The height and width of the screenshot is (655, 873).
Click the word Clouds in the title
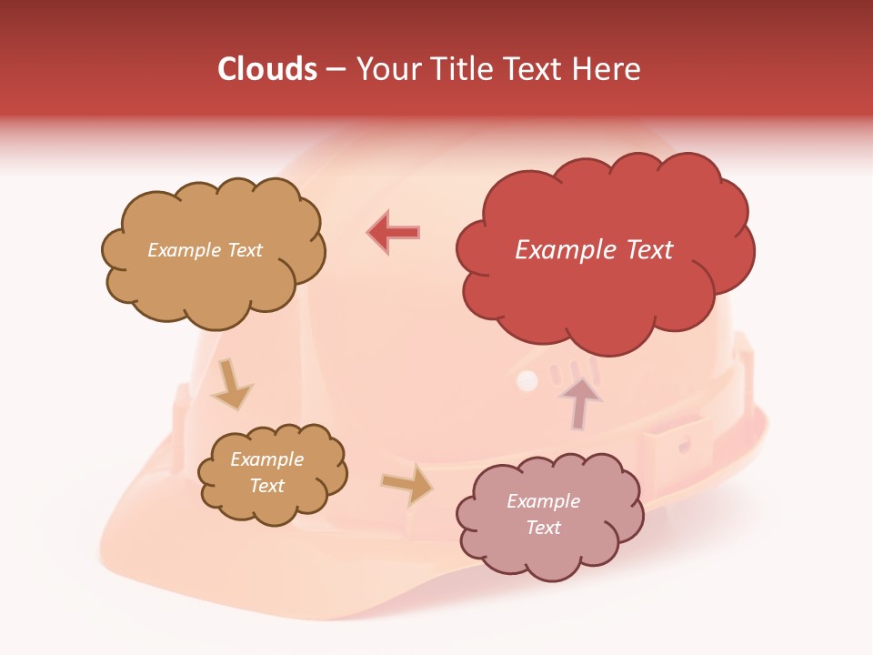(267, 69)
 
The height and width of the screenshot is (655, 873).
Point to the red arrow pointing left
(394, 233)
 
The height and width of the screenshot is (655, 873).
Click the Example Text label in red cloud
(594, 250)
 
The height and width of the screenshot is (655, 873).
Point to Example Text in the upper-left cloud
(205, 250)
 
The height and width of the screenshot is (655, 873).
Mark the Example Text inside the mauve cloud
(543, 514)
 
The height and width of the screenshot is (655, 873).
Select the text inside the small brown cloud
(266, 472)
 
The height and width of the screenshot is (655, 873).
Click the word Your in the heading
(387, 69)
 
